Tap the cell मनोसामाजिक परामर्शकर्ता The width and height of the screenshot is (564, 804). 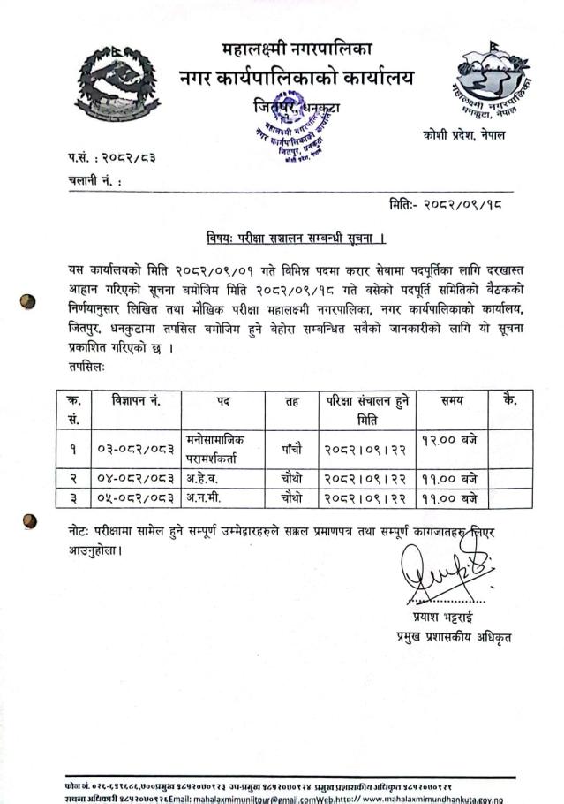point(222,448)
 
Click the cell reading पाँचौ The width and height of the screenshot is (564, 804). point(291,449)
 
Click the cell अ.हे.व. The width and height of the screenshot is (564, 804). point(205,479)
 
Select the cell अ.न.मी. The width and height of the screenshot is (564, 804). point(205,499)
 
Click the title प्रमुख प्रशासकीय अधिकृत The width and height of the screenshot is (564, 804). point(453,636)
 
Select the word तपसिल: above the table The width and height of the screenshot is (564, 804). point(86,364)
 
